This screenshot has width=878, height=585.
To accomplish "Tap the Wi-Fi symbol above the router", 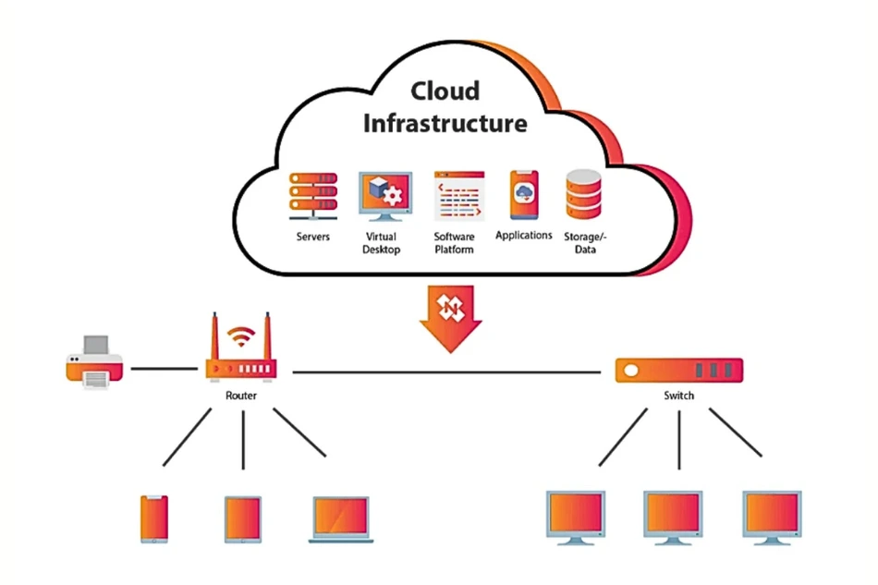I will [243, 337].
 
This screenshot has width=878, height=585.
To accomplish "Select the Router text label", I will [241, 396].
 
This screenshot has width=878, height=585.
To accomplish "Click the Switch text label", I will [678, 396].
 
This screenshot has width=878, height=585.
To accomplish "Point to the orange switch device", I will [679, 371].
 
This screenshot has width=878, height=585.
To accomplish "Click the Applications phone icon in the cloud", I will [524, 194].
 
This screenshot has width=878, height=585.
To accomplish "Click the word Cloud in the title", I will [445, 91].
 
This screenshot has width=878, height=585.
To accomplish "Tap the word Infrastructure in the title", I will [445, 123].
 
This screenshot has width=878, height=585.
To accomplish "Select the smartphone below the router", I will [154, 518].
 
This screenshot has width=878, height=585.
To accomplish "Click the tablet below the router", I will [243, 518].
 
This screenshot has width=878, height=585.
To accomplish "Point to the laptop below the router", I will [340, 519].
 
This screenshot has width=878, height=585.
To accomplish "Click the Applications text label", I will [524, 236].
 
